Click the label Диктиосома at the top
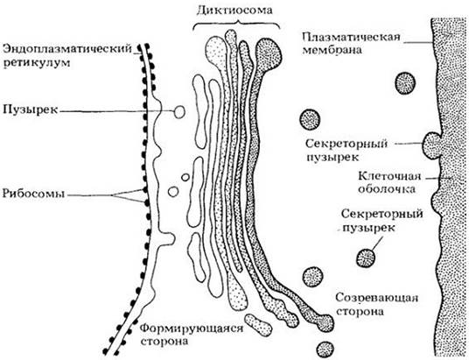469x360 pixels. pyautogui.click(x=235, y=11)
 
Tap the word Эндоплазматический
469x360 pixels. pyautogui.click(x=67, y=49)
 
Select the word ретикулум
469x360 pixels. pyautogui.click(x=37, y=63)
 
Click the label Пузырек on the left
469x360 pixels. pyautogui.click(x=30, y=109)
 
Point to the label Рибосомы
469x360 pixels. pyautogui.click(x=33, y=194)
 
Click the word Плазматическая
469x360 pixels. pyautogui.click(x=351, y=38)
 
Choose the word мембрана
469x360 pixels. pyautogui.click(x=332, y=49)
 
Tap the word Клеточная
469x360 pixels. pyautogui.click(x=389, y=176)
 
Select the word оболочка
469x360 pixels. pyautogui.click(x=387, y=189)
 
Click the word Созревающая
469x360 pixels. pyautogui.click(x=376, y=298)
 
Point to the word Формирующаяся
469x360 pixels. pyautogui.click(x=192, y=328)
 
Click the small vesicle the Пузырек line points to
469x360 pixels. pyautogui.click(x=179, y=112)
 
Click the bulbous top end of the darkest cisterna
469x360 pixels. pyautogui.click(x=269, y=53)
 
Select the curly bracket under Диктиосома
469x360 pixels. pyautogui.click(x=236, y=24)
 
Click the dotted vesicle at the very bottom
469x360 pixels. pyautogui.click(x=325, y=349)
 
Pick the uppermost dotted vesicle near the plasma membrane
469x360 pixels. pyautogui.click(x=406, y=82)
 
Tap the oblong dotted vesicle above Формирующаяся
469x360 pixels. pyautogui.click(x=258, y=325)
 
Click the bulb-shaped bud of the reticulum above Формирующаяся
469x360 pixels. pyautogui.click(x=165, y=239)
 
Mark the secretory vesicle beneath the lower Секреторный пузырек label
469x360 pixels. pyautogui.click(x=366, y=258)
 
